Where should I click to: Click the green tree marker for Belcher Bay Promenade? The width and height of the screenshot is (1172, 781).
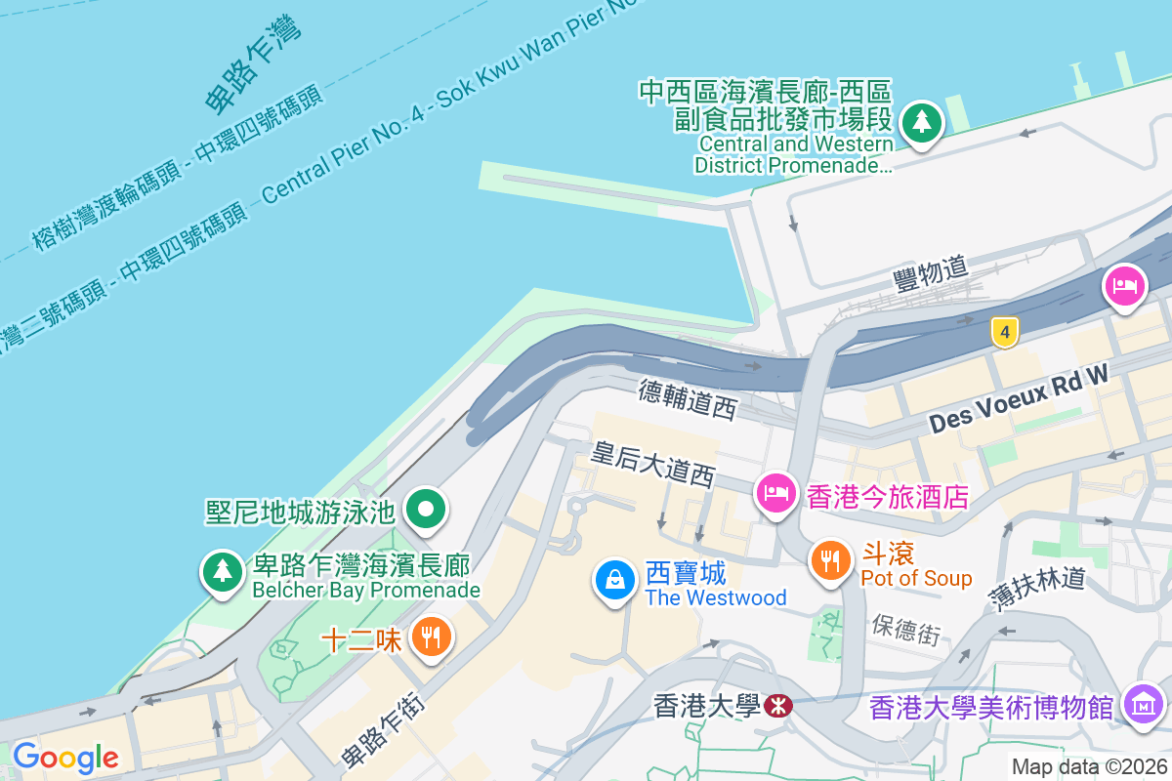pyautogui.click(x=224, y=570)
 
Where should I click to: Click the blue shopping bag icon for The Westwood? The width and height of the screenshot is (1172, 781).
pyautogui.click(x=615, y=580)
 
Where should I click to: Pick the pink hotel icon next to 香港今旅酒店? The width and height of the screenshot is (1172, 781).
pyautogui.click(x=776, y=491)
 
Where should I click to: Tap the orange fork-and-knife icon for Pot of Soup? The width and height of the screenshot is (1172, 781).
pyautogui.click(x=830, y=560)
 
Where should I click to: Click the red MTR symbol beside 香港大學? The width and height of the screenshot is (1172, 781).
pyautogui.click(x=778, y=705)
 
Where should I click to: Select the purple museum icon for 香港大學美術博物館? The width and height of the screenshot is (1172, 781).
pyautogui.click(x=1143, y=703)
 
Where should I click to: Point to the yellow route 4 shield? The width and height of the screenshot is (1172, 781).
pyautogui.click(x=1004, y=332)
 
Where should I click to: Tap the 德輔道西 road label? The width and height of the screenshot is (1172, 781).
pyautogui.click(x=688, y=398)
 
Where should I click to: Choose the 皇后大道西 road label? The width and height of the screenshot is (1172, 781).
pyautogui.click(x=653, y=464)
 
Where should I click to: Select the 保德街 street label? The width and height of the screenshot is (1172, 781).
pyautogui.click(x=906, y=629)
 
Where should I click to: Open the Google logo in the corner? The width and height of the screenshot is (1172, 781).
pyautogui.click(x=65, y=758)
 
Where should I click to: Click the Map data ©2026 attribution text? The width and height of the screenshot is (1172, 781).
pyautogui.click(x=1088, y=767)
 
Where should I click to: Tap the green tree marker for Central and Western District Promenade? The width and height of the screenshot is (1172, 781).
pyautogui.click(x=921, y=123)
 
